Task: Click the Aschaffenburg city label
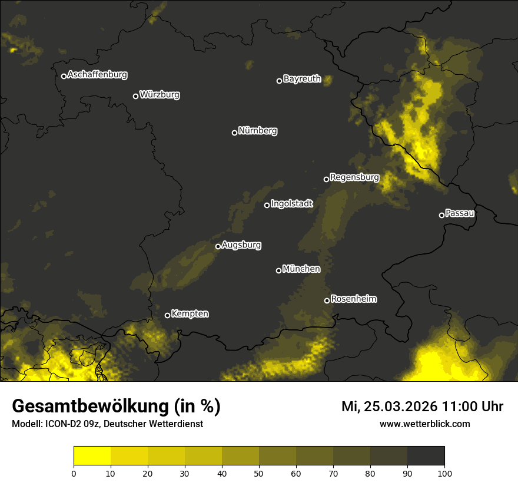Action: [97, 75]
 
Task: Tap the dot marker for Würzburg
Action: [135, 96]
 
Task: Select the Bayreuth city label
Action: [302, 79]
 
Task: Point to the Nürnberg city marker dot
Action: [234, 133]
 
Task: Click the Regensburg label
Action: [354, 177]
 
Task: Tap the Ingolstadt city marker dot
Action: [267, 205]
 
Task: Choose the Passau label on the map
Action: [460, 213]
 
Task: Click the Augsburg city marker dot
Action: [218, 247]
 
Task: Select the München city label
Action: [301, 269]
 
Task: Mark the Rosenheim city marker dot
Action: [327, 300]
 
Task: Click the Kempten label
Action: [190, 314]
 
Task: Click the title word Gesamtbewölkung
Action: [91, 407]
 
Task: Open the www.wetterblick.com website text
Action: [424, 424]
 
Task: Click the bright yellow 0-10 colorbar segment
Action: [92, 456]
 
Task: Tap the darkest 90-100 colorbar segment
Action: [426, 456]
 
